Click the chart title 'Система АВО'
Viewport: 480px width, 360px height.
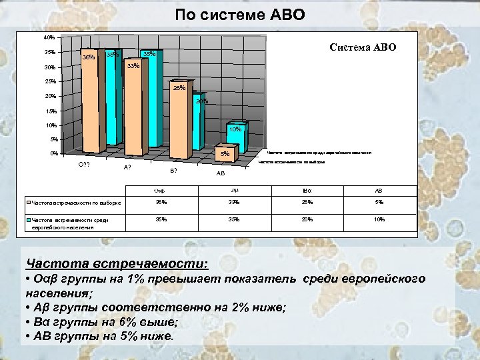click(x=363, y=47)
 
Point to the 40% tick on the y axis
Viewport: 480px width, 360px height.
click(x=49, y=37)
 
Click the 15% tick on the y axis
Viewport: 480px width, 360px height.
click(x=49, y=111)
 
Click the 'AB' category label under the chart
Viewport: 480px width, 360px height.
click(x=220, y=174)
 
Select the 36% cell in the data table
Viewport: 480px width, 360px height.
click(x=161, y=201)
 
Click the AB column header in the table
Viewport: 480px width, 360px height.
click(x=379, y=190)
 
